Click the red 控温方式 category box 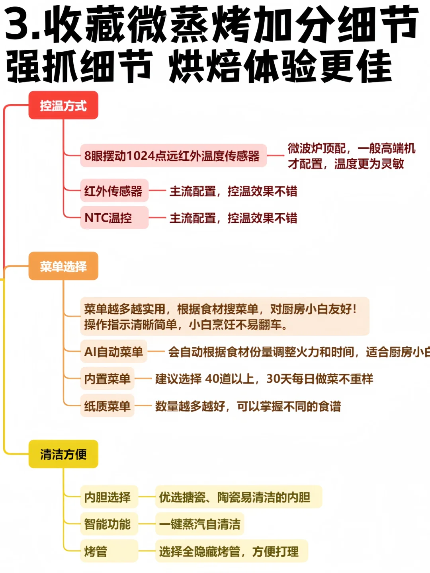click(63, 105)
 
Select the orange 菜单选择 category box click(63, 266)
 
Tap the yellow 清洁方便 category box click(63, 454)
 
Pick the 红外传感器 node click(114, 191)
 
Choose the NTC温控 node click(114, 218)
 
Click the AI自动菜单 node click(113, 352)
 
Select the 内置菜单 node click(107, 378)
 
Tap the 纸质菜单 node click(107, 406)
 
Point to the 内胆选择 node click(109, 497)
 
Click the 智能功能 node click(109, 524)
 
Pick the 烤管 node click(109, 551)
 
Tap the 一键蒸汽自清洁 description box click(199, 524)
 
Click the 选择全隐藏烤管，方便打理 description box click(231, 551)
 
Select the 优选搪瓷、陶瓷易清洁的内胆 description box click(238, 497)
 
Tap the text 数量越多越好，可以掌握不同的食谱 click(248, 406)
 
